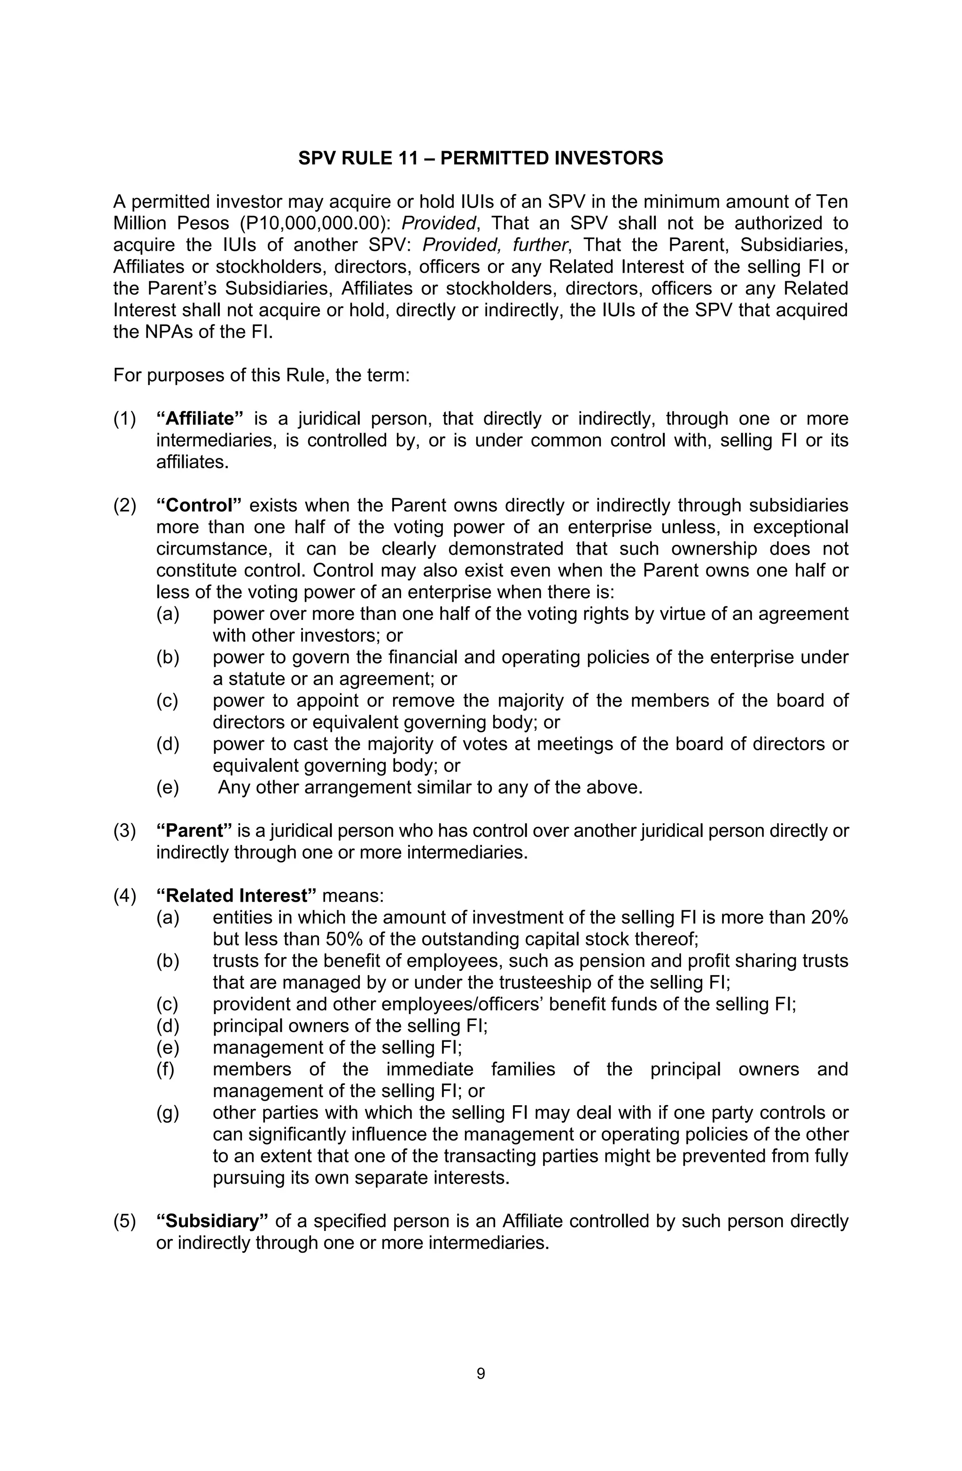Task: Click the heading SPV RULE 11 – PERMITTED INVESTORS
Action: [481, 158]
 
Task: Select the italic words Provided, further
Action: [494, 245]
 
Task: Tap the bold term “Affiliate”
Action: [200, 418]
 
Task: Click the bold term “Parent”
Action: [194, 831]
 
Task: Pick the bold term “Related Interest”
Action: [237, 896]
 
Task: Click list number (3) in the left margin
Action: [125, 831]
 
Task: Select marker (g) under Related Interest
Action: [168, 1113]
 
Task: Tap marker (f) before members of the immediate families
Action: [166, 1069]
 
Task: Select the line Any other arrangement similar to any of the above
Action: [430, 788]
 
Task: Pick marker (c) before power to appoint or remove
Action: [168, 700]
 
